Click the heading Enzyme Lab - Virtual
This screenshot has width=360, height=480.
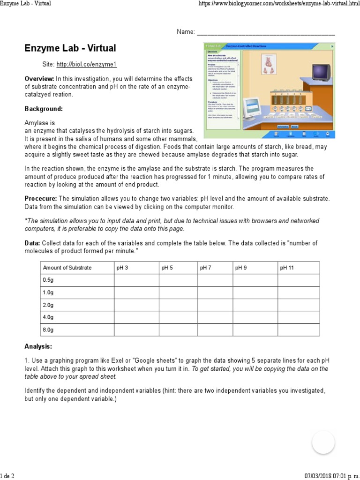pyautogui.click(x=70, y=48)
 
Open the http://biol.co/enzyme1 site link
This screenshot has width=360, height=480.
pyautogui.click(x=86, y=65)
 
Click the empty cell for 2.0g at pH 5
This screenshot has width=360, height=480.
pyautogui.click(x=178, y=305)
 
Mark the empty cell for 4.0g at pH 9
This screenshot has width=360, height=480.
pyautogui.click(x=255, y=317)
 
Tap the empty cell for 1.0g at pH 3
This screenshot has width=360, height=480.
pyautogui.click(x=136, y=292)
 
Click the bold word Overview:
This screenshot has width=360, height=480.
pyautogui.click(x=39, y=79)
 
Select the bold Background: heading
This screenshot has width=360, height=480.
pyautogui.click(x=44, y=109)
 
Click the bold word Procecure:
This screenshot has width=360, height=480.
pyautogui.click(x=41, y=199)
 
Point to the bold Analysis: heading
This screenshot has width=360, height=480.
pyautogui.click(x=38, y=347)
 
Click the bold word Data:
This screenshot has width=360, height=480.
pyautogui.click(x=32, y=243)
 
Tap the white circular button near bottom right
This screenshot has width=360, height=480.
pyautogui.click(x=323, y=442)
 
